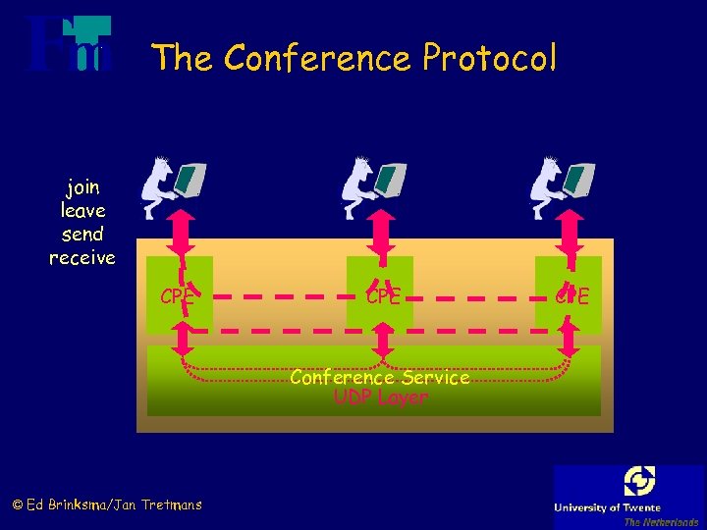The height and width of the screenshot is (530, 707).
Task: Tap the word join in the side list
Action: click(x=82, y=186)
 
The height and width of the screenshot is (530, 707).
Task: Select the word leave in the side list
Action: click(x=82, y=210)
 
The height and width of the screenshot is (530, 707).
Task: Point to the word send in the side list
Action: click(x=82, y=235)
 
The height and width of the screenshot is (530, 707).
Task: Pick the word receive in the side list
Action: click(x=82, y=258)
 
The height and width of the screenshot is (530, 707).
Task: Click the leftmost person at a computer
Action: click(x=173, y=185)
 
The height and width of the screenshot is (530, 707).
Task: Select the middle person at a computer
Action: click(x=372, y=185)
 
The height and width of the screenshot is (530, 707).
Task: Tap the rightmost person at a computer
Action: click(x=563, y=185)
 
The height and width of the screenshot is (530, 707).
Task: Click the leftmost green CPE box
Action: click(x=180, y=291)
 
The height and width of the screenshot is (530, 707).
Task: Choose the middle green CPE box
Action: click(x=380, y=291)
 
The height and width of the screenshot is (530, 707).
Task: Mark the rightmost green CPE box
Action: click(x=568, y=291)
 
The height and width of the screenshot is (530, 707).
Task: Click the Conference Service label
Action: click(x=380, y=378)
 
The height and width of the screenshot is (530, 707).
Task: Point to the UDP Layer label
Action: click(x=381, y=397)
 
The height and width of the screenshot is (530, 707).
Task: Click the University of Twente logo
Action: click(x=629, y=496)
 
